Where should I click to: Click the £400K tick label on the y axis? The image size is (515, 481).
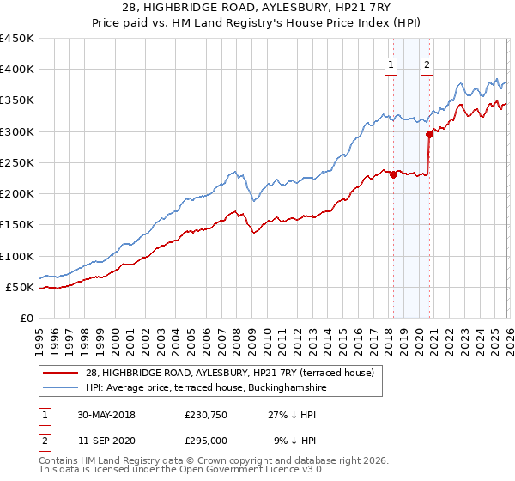17,70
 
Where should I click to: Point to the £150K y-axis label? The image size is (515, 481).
17,225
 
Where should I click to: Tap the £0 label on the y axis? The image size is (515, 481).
26,319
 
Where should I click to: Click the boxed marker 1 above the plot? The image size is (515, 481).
391,63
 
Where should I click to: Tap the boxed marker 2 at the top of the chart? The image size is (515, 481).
427,63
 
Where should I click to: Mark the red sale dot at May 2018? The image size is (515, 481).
393,174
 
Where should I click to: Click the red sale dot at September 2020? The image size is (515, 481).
428,134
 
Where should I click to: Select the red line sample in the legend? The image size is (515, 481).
62,373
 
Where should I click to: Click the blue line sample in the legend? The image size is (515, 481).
62,388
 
